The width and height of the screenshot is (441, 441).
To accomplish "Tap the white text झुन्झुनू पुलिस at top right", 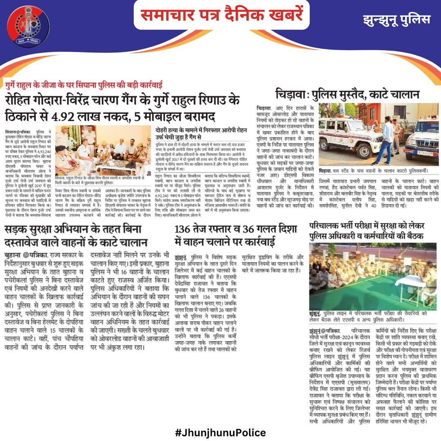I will click(396, 20).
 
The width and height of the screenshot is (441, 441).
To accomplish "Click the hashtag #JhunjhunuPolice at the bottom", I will click(221, 432).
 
